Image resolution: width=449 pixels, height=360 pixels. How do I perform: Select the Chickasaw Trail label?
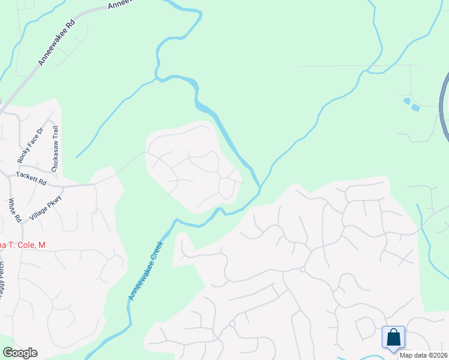coord(55,149)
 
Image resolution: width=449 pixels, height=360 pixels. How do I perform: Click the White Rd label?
coord(11,211)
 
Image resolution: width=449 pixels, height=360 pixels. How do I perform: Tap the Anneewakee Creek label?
coord(145,271)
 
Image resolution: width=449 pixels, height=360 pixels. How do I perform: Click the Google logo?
coord(20,353)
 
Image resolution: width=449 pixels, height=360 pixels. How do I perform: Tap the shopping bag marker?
coord(394,337)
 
